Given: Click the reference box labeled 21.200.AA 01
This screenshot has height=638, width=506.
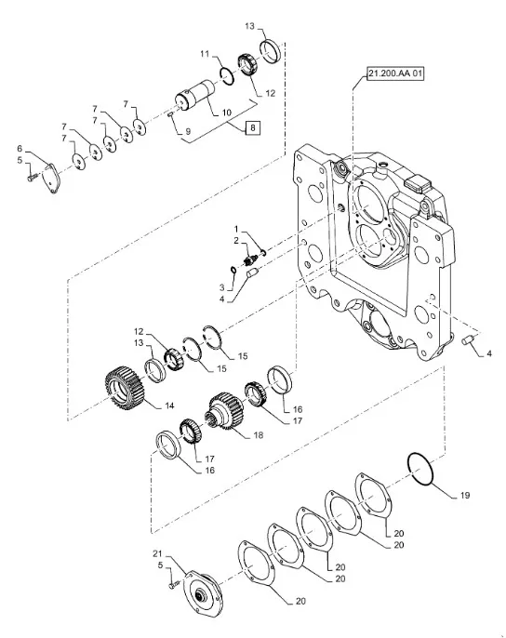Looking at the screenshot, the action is [395, 73].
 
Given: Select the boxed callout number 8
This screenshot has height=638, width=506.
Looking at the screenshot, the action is [253, 128].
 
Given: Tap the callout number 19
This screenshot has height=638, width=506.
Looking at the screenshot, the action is [465, 495].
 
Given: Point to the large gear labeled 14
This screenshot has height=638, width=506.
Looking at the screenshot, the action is [125, 389].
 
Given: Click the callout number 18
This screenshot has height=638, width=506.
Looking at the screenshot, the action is [258, 435].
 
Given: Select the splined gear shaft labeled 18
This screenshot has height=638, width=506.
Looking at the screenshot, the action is [224, 412].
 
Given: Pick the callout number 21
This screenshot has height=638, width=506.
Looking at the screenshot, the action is [157, 553].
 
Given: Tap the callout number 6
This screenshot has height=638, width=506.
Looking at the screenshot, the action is [20, 148].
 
